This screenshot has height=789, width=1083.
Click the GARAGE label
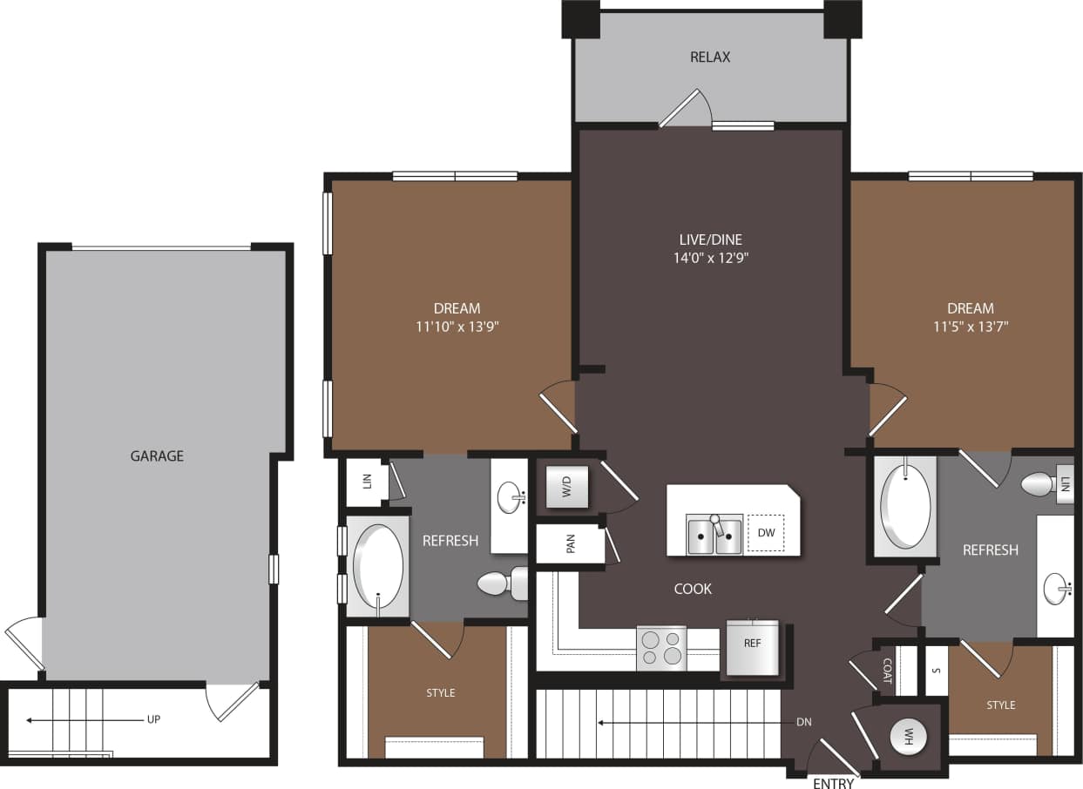pos(157,455)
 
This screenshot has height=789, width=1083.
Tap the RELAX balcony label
pos(710,57)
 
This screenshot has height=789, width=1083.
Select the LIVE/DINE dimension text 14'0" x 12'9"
pos(710,258)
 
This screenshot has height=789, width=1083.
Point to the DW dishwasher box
pos(766,532)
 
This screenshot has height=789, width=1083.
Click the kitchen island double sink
pos(714,535)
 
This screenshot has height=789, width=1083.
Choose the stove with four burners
pos(661,648)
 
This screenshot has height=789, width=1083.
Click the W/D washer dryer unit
pos(566,487)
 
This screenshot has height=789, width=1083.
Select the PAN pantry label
pos(571,544)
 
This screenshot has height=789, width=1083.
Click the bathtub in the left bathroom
pos(378,567)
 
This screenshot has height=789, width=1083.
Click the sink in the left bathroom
pos(511,498)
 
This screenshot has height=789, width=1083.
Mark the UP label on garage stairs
pos(154,719)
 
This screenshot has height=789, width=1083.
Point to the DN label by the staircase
pos(804,722)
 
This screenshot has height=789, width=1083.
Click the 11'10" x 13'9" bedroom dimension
pos(457,327)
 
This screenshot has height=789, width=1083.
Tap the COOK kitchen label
pos(693,589)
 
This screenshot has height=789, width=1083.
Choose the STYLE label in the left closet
pos(440,692)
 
